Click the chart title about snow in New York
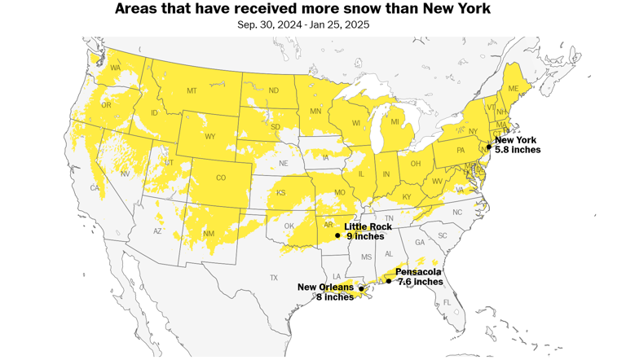[303, 9]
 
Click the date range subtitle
[303, 24]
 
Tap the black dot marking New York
[489, 147]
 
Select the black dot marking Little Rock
[337, 235]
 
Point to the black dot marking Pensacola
[389, 281]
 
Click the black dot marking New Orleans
[361, 288]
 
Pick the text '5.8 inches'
[517, 151]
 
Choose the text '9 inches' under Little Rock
[364, 237]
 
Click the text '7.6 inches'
[420, 282]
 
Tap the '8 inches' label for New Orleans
[335, 297]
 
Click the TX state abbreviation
[274, 278]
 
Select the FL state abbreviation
[447, 302]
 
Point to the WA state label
[115, 68]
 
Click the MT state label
[192, 90]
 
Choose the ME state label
[514, 88]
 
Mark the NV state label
[125, 173]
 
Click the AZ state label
[159, 231]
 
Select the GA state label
[420, 242]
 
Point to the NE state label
[284, 163]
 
